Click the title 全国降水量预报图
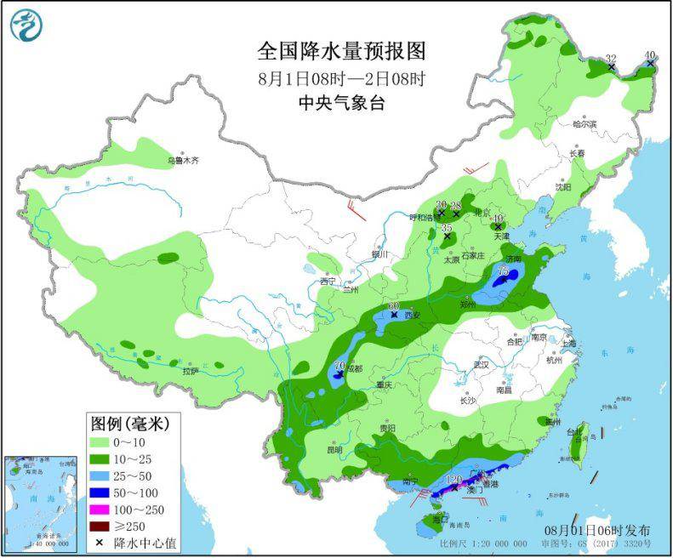(340, 53)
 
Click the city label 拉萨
(189, 371)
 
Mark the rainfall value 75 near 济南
(503, 271)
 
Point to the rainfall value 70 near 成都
(339, 366)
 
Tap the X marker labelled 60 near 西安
(394, 315)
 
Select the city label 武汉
(482, 364)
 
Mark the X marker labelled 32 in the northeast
(611, 66)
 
